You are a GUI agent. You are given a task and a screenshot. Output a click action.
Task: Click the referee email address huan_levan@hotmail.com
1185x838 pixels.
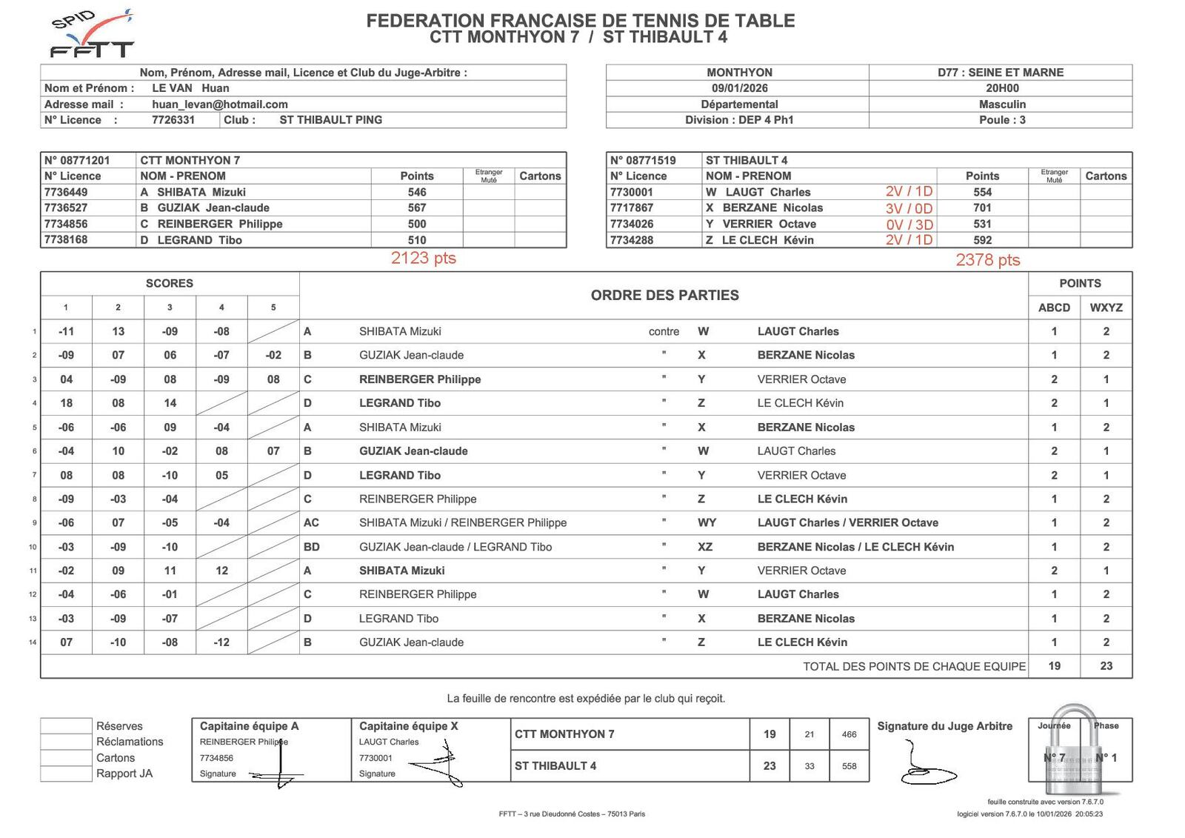(219, 104)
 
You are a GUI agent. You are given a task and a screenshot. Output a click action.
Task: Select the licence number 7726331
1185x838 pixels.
(173, 120)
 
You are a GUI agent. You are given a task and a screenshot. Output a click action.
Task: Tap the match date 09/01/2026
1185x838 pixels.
(739, 88)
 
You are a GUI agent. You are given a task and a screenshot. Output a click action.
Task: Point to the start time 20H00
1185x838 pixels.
(1001, 88)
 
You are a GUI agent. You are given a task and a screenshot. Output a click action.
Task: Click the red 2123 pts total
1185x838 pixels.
(423, 259)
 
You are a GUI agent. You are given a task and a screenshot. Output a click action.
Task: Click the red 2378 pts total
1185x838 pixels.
(987, 260)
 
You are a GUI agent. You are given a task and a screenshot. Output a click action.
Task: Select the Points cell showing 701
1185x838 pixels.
(982, 208)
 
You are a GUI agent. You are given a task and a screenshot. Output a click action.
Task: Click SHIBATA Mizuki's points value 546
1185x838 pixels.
(417, 192)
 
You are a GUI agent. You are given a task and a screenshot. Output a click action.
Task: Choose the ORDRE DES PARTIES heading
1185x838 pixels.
(664, 296)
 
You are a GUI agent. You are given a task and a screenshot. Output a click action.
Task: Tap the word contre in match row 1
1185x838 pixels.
(664, 332)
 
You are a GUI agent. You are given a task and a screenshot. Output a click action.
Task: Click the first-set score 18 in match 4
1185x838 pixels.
(66, 403)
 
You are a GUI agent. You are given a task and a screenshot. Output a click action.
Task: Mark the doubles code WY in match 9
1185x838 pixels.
(707, 522)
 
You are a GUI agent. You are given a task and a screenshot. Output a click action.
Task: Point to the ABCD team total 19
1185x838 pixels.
(1054, 666)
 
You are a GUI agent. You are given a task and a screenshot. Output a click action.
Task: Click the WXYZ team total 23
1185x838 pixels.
(1106, 666)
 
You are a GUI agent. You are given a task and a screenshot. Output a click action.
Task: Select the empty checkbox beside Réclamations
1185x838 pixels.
(66, 742)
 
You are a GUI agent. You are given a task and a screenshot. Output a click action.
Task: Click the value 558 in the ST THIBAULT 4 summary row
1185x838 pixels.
(849, 766)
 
